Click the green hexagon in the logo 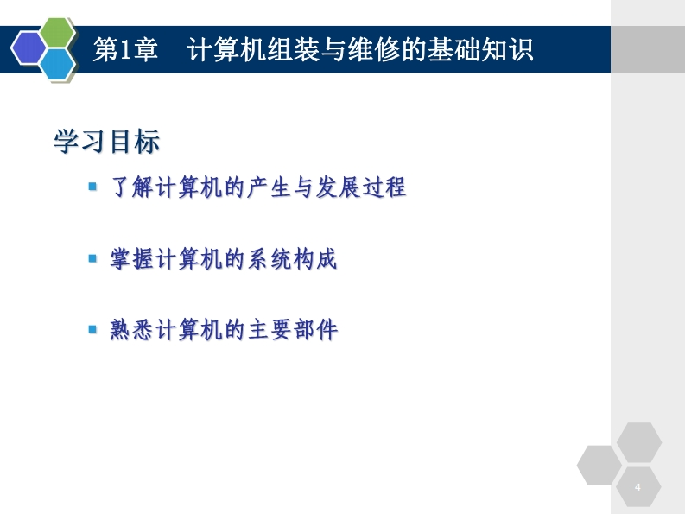tap(57, 32)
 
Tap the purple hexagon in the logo tap(29, 48)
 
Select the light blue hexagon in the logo tap(57, 64)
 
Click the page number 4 tap(637, 487)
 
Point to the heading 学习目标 tap(107, 141)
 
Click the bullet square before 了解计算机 tap(92, 187)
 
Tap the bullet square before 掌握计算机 tap(92, 258)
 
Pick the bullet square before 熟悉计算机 tap(92, 328)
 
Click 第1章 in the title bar tap(125, 49)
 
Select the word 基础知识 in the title tap(480, 49)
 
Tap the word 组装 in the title tap(294, 49)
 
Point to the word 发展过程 tap(361, 187)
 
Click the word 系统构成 tap(293, 258)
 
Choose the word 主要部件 tap(293, 329)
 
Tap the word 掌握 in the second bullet tap(132, 258)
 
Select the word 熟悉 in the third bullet tap(132, 329)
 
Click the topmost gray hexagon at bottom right tap(639, 442)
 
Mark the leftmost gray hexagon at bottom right tap(599, 465)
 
